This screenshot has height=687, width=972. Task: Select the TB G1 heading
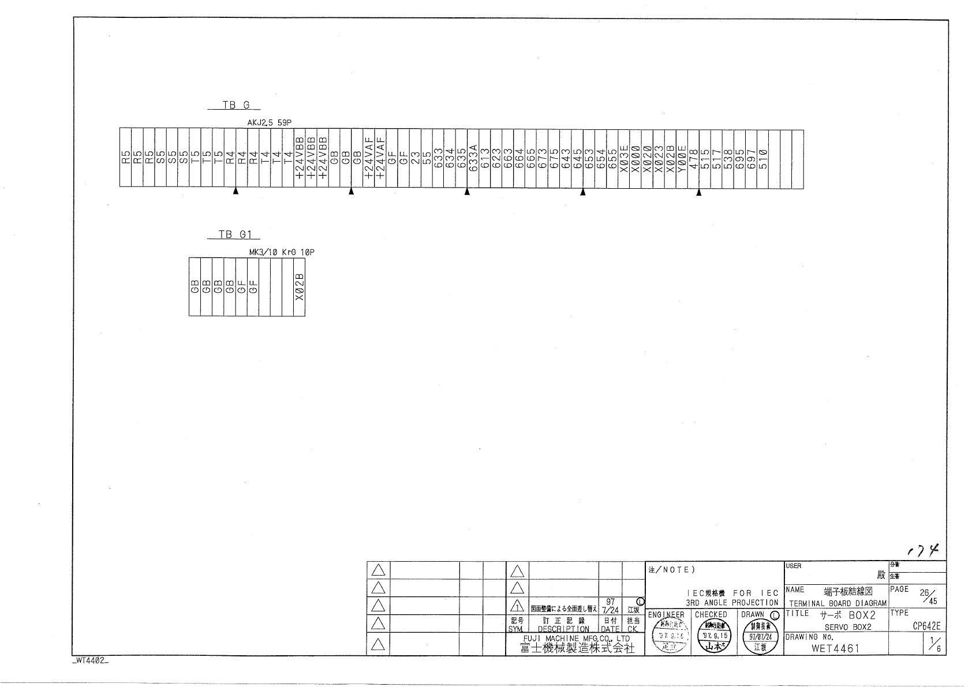click(233, 234)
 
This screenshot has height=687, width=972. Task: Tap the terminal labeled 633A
click(473, 158)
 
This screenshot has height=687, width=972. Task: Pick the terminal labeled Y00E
click(682, 158)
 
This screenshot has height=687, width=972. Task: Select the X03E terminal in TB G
click(624, 158)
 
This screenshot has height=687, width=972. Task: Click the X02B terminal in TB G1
click(299, 287)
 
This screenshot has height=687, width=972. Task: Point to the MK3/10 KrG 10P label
click(282, 252)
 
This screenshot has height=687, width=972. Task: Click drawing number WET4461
click(835, 648)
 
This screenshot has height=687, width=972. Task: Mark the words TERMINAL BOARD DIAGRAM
click(838, 603)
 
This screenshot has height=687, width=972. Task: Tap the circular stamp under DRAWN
click(760, 639)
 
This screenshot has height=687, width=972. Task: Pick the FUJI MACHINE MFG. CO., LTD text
click(569, 639)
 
